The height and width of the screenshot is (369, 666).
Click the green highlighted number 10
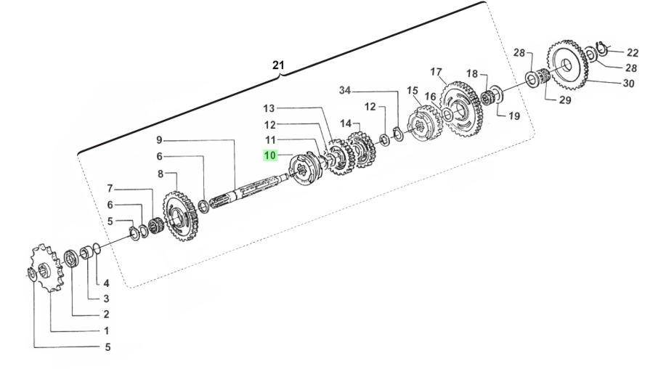270,155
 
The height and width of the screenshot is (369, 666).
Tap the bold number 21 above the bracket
278,65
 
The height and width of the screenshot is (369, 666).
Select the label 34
345,91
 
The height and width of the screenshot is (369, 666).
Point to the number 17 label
436,72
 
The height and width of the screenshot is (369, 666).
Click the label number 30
629,84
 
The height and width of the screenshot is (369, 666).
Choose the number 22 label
633,52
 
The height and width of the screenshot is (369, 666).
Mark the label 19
514,116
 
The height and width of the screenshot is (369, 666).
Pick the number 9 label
159,139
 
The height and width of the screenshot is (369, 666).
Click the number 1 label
107,331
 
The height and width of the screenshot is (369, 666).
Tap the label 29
565,100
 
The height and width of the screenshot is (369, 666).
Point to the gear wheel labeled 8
181,216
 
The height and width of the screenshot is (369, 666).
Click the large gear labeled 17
462,109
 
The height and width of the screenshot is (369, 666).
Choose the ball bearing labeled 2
71,259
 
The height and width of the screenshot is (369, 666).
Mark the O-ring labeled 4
97,248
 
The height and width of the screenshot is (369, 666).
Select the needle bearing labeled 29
544,76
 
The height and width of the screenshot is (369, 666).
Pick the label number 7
110,188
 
